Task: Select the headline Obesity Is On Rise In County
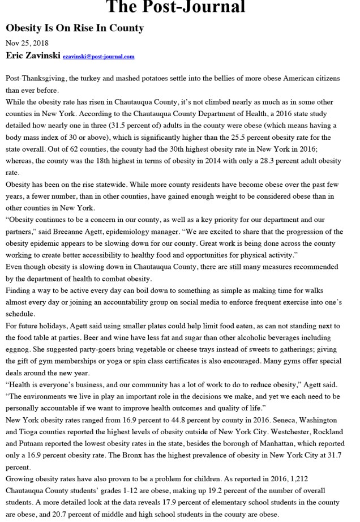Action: (x=75, y=28)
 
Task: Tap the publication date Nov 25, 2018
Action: (x=27, y=43)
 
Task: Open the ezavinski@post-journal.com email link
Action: (x=106, y=57)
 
